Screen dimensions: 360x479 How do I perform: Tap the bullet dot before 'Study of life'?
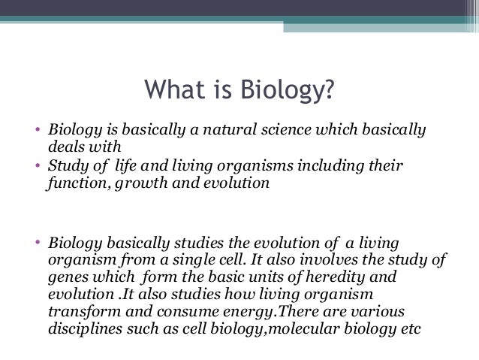pos(41,165)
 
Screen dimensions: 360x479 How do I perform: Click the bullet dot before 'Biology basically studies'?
pos(41,244)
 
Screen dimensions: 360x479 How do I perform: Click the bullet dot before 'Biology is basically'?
pos(41,130)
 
